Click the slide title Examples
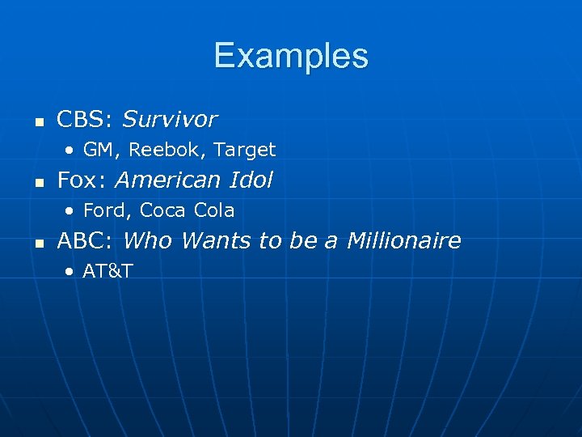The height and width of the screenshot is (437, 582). coord(291,57)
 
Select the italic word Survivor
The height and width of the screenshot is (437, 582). coord(169,120)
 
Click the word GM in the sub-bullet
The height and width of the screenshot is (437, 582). coord(98,150)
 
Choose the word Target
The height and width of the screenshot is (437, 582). coord(245,150)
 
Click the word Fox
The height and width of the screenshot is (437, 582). coord(78,180)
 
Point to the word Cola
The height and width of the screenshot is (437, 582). coord(214,210)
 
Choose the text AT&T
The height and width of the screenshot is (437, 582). coord(108,271)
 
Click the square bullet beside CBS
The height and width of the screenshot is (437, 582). coord(37,123)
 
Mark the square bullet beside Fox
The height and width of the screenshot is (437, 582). coord(37,183)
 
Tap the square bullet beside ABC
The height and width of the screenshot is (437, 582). coord(37,244)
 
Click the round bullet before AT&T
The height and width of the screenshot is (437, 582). coord(72,271)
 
